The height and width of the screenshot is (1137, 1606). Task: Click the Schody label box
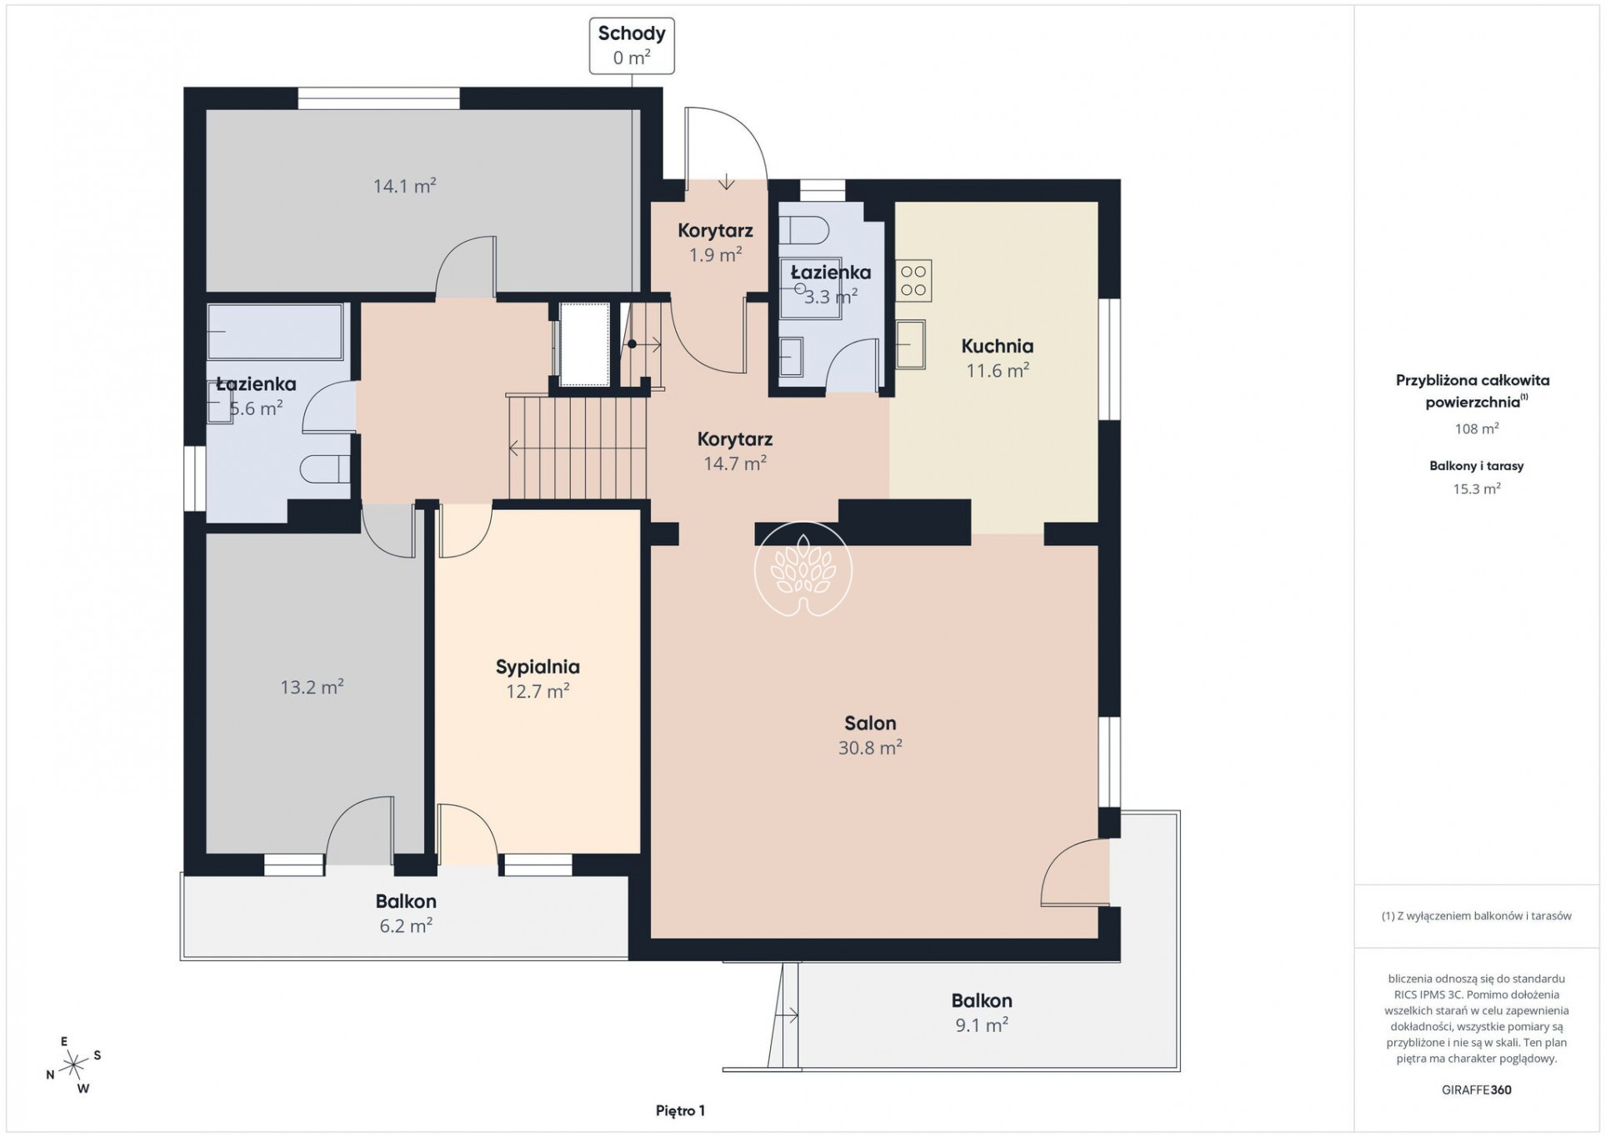point(632,46)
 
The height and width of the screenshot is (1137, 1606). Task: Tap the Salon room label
point(870,735)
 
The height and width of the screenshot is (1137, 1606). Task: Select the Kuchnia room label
point(997,358)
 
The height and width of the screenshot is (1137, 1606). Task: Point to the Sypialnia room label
point(538,679)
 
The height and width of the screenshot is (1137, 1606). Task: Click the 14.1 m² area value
point(404,185)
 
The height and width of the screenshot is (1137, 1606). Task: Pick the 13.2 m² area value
point(312,687)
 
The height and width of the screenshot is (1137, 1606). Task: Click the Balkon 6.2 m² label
point(406,913)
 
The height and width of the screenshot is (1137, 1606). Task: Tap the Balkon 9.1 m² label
point(982,1012)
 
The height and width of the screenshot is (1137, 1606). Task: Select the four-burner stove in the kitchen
point(913,281)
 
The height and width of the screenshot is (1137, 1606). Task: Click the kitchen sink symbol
point(911,344)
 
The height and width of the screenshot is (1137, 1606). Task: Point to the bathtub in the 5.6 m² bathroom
point(275,332)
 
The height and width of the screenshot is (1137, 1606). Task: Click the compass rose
point(74,1064)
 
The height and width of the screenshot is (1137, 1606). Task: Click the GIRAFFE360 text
point(1476,1089)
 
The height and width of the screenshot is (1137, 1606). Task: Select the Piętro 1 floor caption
point(680,1110)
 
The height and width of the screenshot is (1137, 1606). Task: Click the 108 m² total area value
point(1476,428)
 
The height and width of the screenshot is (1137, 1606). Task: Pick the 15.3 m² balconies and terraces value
point(1476,488)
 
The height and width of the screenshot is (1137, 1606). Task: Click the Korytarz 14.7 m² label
point(735,451)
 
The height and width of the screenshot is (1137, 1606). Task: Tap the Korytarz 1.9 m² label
point(715,243)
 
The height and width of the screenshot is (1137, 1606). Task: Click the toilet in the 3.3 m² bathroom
point(804,228)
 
